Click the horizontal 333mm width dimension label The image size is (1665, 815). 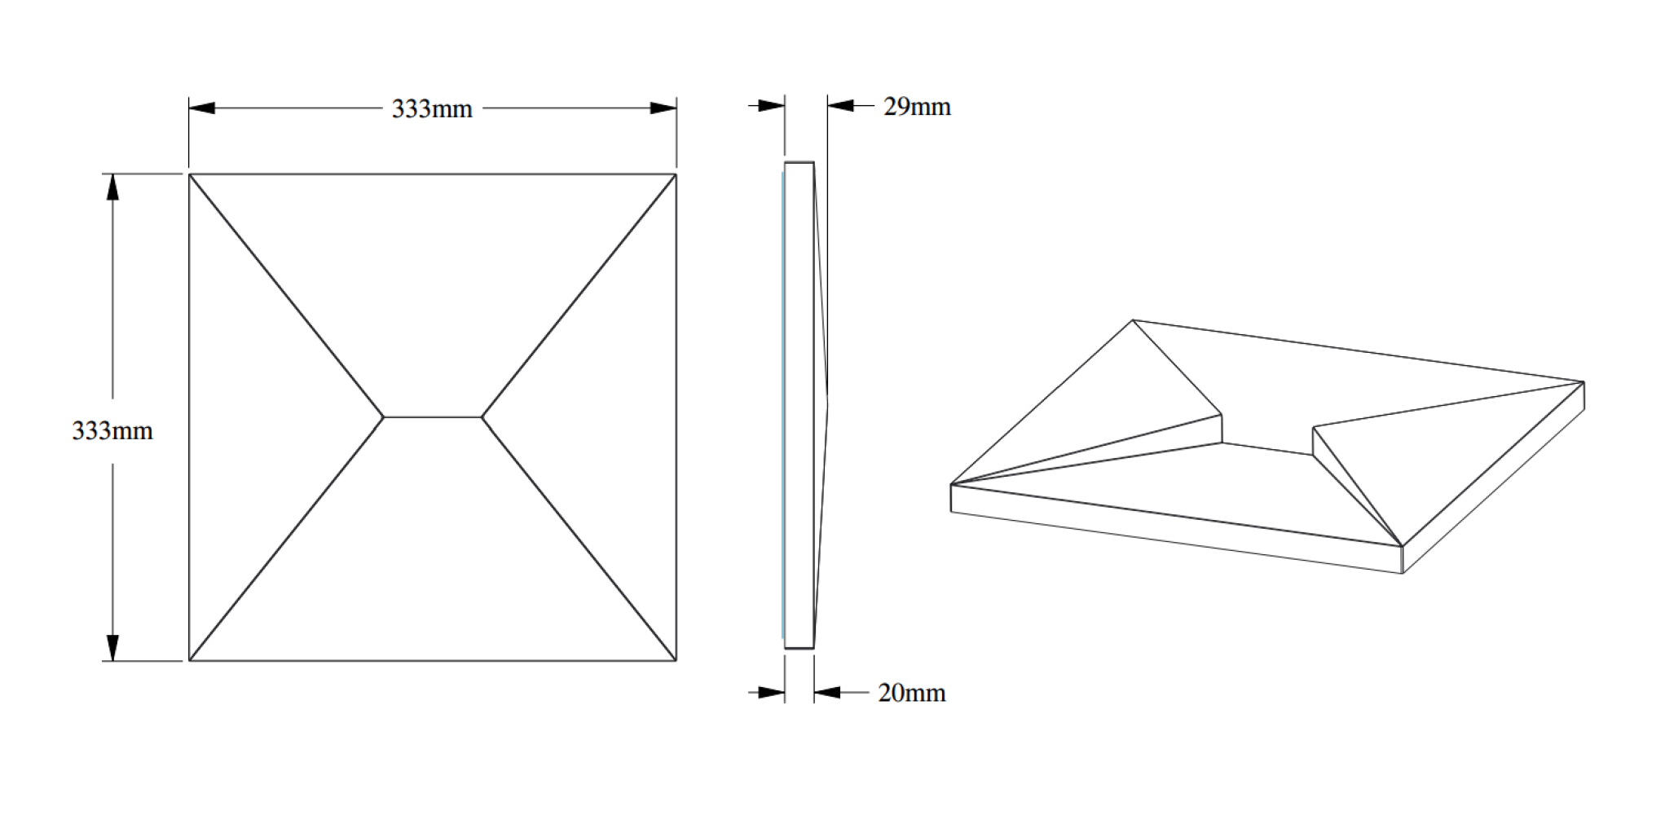tap(432, 108)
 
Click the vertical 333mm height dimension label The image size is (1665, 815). tap(112, 430)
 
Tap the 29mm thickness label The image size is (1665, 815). tap(917, 107)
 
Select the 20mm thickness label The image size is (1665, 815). tap(912, 693)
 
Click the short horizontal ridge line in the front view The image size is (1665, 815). tap(433, 417)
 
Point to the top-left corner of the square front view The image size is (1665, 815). tap(189, 174)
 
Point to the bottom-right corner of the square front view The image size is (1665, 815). tap(676, 661)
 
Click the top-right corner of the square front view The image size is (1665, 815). tap(676, 174)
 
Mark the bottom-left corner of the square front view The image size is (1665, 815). tap(189, 661)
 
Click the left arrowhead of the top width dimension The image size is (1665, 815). tap(202, 108)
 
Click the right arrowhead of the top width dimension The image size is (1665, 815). tap(663, 108)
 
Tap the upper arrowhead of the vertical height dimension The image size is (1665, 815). tap(113, 187)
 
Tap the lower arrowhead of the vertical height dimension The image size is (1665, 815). tap(113, 648)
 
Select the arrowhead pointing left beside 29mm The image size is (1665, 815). tap(840, 105)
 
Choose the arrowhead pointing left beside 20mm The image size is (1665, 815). tap(827, 693)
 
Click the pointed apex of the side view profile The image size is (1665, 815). tap(828, 399)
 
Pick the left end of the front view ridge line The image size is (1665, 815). tap(384, 417)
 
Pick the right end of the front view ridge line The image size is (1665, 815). tap(482, 417)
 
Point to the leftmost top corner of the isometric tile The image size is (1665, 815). tap(951, 485)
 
